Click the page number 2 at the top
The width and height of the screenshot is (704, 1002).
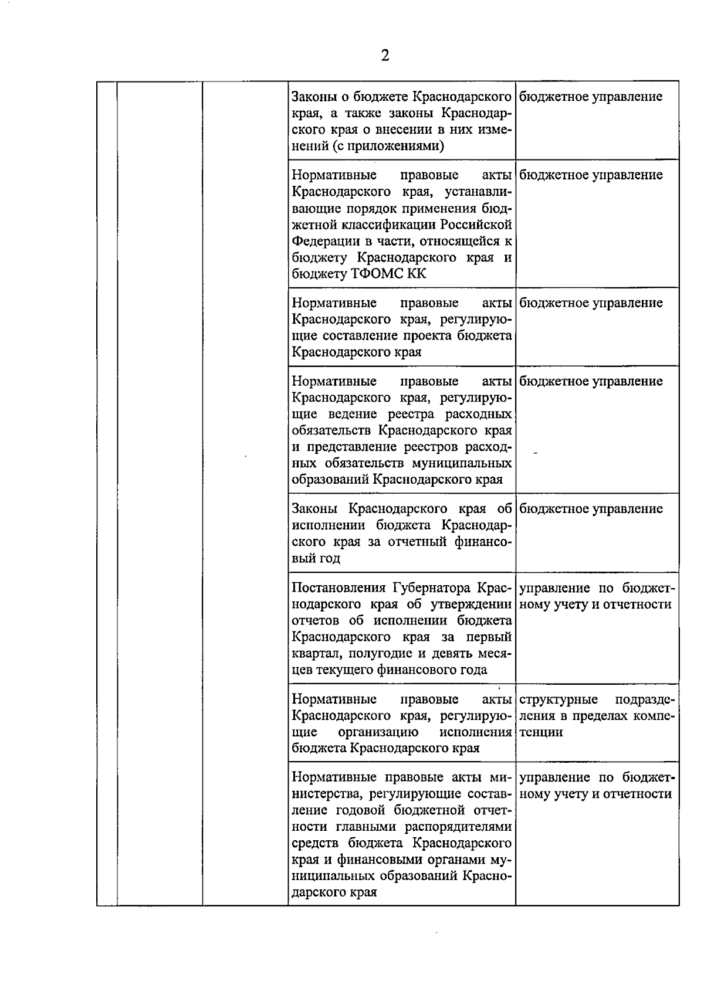click(x=385, y=56)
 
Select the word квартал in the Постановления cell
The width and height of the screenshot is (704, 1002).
click(x=314, y=654)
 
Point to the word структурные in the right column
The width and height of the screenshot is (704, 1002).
click(x=559, y=699)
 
